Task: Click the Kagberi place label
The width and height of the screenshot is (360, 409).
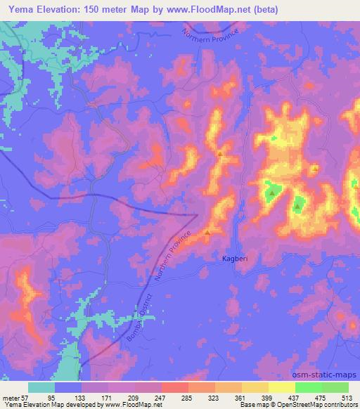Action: coord(228,259)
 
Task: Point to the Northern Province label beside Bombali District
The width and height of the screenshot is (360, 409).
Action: coord(176,256)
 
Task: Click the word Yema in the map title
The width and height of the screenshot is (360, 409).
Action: coord(22,10)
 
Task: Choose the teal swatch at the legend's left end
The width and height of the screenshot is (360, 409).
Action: coord(41,387)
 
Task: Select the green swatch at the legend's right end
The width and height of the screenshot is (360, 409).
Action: coord(335,387)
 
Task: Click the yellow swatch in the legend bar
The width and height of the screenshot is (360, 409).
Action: coord(281,387)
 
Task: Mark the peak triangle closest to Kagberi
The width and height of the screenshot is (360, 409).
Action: coord(207,231)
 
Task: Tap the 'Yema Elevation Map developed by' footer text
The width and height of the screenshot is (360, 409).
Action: coord(49,405)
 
